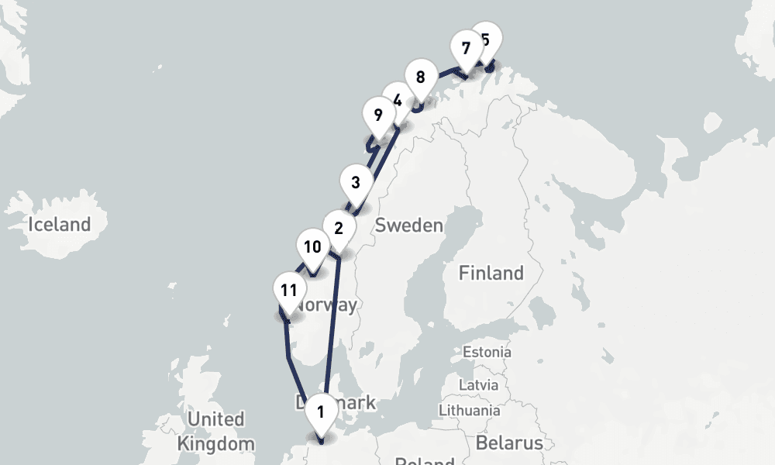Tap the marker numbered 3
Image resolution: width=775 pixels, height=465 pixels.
[x=356, y=184]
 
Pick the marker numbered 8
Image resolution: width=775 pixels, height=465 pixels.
[x=420, y=77]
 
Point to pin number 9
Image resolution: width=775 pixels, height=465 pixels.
[x=378, y=116]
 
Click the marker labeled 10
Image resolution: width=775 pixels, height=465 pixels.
[x=312, y=248]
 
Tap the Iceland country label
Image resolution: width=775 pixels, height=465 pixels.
[x=59, y=226]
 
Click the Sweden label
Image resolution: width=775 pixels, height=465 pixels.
[x=408, y=226]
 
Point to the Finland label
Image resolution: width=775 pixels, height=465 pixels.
[x=491, y=273]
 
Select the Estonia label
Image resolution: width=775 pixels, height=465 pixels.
[x=487, y=352]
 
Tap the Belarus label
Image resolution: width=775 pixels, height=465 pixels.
[x=508, y=443]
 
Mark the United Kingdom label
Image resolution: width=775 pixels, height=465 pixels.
[x=216, y=432]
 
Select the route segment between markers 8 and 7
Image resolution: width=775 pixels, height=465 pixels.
[x=443, y=74]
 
